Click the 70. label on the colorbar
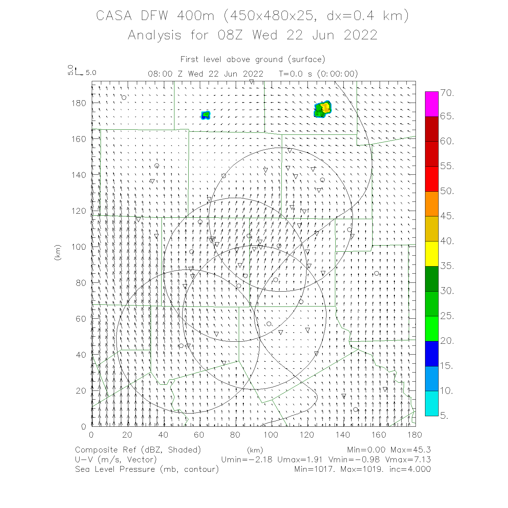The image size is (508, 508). [x=447, y=93]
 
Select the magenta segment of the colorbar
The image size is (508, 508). [x=431, y=104]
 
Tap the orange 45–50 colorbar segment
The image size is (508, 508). [x=431, y=204]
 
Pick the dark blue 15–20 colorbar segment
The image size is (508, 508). [x=431, y=354]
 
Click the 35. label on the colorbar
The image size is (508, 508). [x=447, y=266]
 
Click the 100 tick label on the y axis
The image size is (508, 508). [x=79, y=247]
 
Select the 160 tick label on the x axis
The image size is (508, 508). [x=379, y=435]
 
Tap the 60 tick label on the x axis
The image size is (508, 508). [x=199, y=435]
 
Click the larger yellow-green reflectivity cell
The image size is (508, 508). [x=323, y=109]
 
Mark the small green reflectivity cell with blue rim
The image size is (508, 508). [x=206, y=115]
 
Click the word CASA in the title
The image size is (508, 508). [x=114, y=16]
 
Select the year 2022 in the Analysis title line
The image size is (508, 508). [x=360, y=35]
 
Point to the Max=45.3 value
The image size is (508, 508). [x=410, y=450]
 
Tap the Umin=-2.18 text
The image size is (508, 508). [x=246, y=460]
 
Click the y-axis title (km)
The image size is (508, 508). [x=58, y=252]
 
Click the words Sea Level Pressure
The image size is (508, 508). [x=115, y=469]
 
